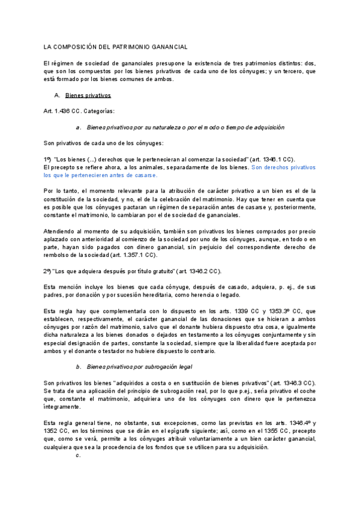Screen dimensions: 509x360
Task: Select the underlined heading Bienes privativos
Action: [x=88, y=95]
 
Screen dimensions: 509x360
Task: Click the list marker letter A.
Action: [x=56, y=95]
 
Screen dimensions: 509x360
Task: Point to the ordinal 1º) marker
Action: [x=48, y=159]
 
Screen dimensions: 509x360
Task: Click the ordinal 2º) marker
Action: [x=48, y=271]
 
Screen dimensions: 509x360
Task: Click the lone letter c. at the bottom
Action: [x=78, y=455]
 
